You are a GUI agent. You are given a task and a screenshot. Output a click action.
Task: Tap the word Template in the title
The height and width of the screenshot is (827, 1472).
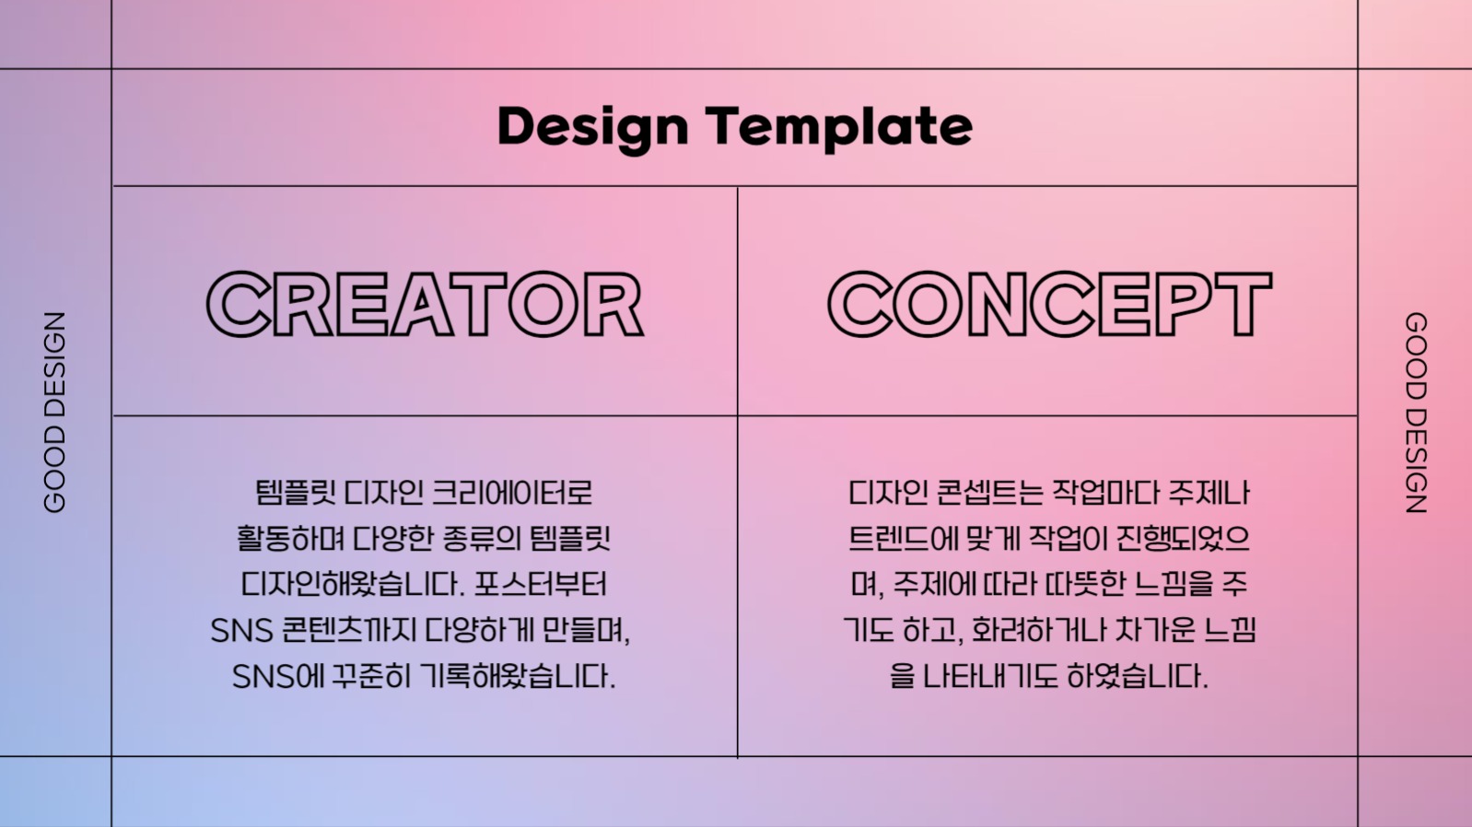(839, 127)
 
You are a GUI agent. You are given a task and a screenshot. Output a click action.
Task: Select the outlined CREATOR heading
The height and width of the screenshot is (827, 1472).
(425, 305)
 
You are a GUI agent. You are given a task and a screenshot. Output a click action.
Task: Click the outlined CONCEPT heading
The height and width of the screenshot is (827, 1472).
(1049, 305)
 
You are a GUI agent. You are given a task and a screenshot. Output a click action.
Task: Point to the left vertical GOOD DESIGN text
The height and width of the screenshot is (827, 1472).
(55, 412)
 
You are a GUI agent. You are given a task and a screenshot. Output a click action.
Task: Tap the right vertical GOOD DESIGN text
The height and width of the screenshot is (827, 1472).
(1416, 412)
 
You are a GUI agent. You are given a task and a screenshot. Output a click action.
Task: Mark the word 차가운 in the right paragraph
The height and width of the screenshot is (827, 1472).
(1155, 631)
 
